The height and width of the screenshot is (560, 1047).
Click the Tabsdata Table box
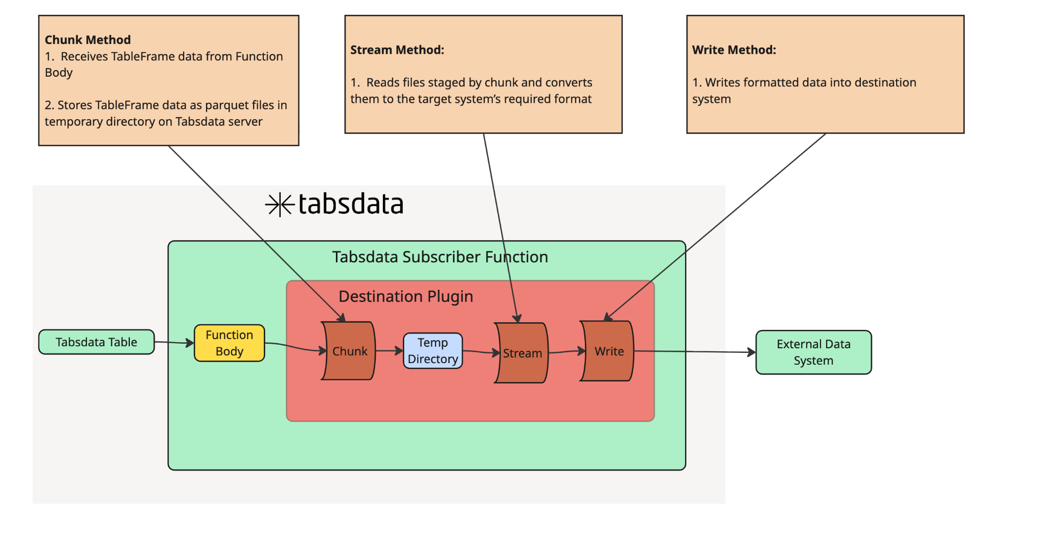click(96, 342)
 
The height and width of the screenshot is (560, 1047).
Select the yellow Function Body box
click(229, 343)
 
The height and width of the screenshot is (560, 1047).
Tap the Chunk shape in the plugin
click(349, 351)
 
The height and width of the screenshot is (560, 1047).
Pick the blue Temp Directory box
click(433, 351)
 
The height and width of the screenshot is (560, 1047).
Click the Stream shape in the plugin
click(522, 353)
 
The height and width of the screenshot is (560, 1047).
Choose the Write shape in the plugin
click(608, 351)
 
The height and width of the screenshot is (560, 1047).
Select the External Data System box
click(813, 352)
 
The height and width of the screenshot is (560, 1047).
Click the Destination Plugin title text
click(405, 297)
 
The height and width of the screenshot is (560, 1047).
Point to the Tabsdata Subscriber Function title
click(440, 257)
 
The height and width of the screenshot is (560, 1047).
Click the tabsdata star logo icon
click(280, 205)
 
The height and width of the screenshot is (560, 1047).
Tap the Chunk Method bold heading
click(87, 40)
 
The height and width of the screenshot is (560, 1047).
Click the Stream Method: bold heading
click(397, 50)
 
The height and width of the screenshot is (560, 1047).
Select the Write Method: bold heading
click(734, 50)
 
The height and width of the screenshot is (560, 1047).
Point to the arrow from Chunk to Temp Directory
click(389, 351)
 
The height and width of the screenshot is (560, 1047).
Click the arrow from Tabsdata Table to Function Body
click(174, 343)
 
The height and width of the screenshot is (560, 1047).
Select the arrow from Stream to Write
click(566, 352)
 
